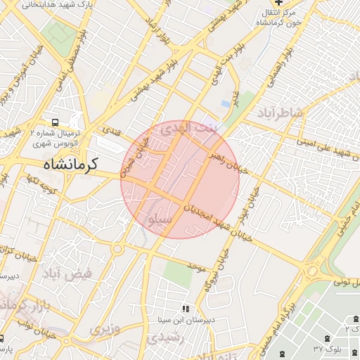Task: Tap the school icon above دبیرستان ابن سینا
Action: (x=186, y=308)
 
